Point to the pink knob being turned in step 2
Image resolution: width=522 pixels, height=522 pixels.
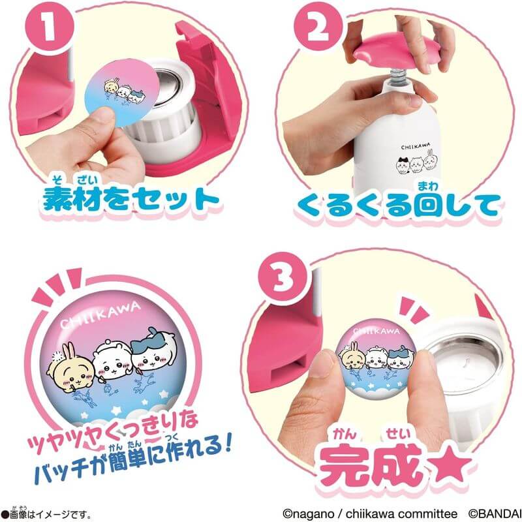coord(397,51)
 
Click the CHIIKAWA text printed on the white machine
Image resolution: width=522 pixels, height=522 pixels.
coord(416,146)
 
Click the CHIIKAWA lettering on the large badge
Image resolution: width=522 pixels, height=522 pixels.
coord(100,315)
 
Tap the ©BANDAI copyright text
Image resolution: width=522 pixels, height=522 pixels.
coord(495,514)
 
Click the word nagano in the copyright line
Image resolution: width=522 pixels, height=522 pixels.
coord(308,514)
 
